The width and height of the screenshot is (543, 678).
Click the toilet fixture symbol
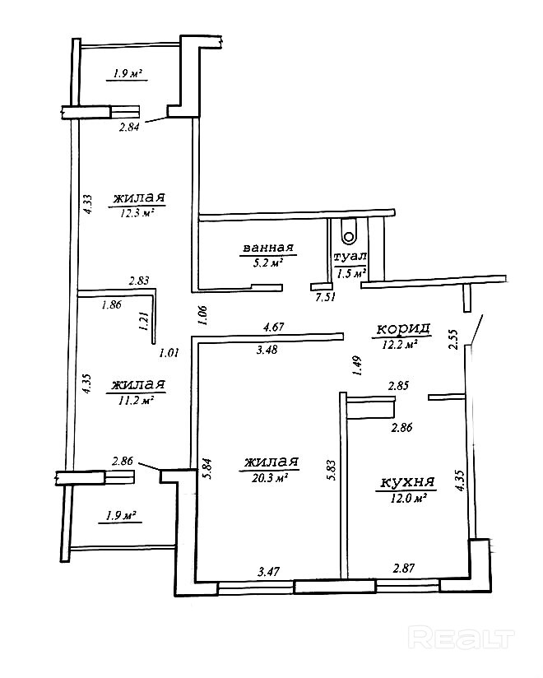(x=348, y=231)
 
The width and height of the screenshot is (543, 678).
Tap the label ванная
(x=268, y=248)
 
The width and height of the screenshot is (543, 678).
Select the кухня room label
(x=407, y=481)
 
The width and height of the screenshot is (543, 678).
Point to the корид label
(x=403, y=329)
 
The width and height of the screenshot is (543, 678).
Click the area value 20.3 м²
(x=270, y=478)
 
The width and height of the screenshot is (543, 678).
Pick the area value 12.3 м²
(x=137, y=213)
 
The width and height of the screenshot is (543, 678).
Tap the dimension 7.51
(x=324, y=297)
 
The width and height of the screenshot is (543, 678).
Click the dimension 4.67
(x=274, y=327)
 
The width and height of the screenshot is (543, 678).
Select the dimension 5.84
(x=208, y=469)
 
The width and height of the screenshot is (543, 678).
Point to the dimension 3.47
(x=268, y=572)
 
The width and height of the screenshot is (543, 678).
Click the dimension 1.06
(x=204, y=315)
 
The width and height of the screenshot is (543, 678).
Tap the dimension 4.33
(x=88, y=205)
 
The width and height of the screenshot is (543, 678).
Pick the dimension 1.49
(x=358, y=366)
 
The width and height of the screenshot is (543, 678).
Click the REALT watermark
(x=462, y=639)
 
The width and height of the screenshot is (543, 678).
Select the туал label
(x=350, y=257)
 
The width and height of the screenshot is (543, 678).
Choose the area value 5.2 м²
(x=268, y=262)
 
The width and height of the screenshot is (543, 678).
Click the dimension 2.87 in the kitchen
(x=404, y=568)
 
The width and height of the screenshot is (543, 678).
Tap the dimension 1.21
(x=146, y=322)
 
